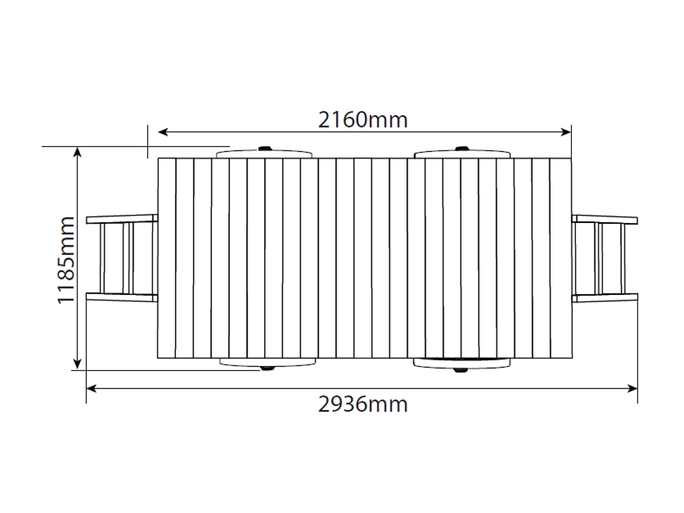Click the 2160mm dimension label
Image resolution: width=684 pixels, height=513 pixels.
point(363,120)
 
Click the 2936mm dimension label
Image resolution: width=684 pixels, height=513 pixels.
point(363,404)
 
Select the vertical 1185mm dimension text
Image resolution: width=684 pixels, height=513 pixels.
point(66,260)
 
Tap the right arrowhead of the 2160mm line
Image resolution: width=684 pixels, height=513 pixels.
point(566,132)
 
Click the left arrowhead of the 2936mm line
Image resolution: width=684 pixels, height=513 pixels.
point(92,389)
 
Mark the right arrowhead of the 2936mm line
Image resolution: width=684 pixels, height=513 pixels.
point(632,389)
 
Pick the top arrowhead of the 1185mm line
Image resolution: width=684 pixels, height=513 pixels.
point(77,153)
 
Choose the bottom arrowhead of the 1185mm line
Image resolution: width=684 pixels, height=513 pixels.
point(77,365)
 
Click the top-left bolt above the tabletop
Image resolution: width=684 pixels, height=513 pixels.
point(264,148)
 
